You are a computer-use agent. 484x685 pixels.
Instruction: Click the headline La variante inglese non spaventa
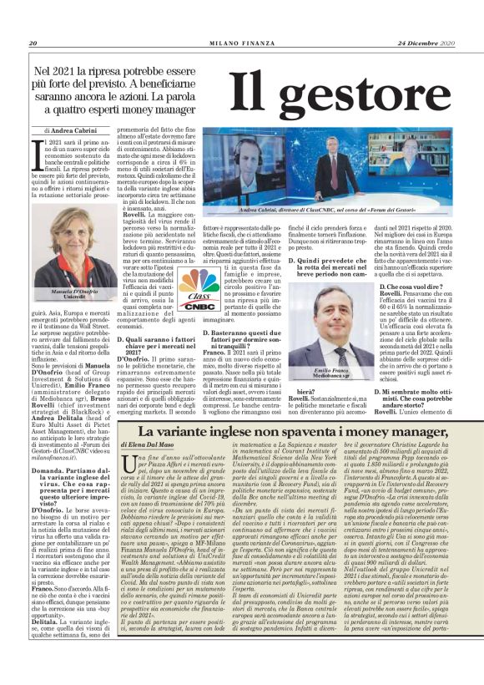point(295,431)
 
